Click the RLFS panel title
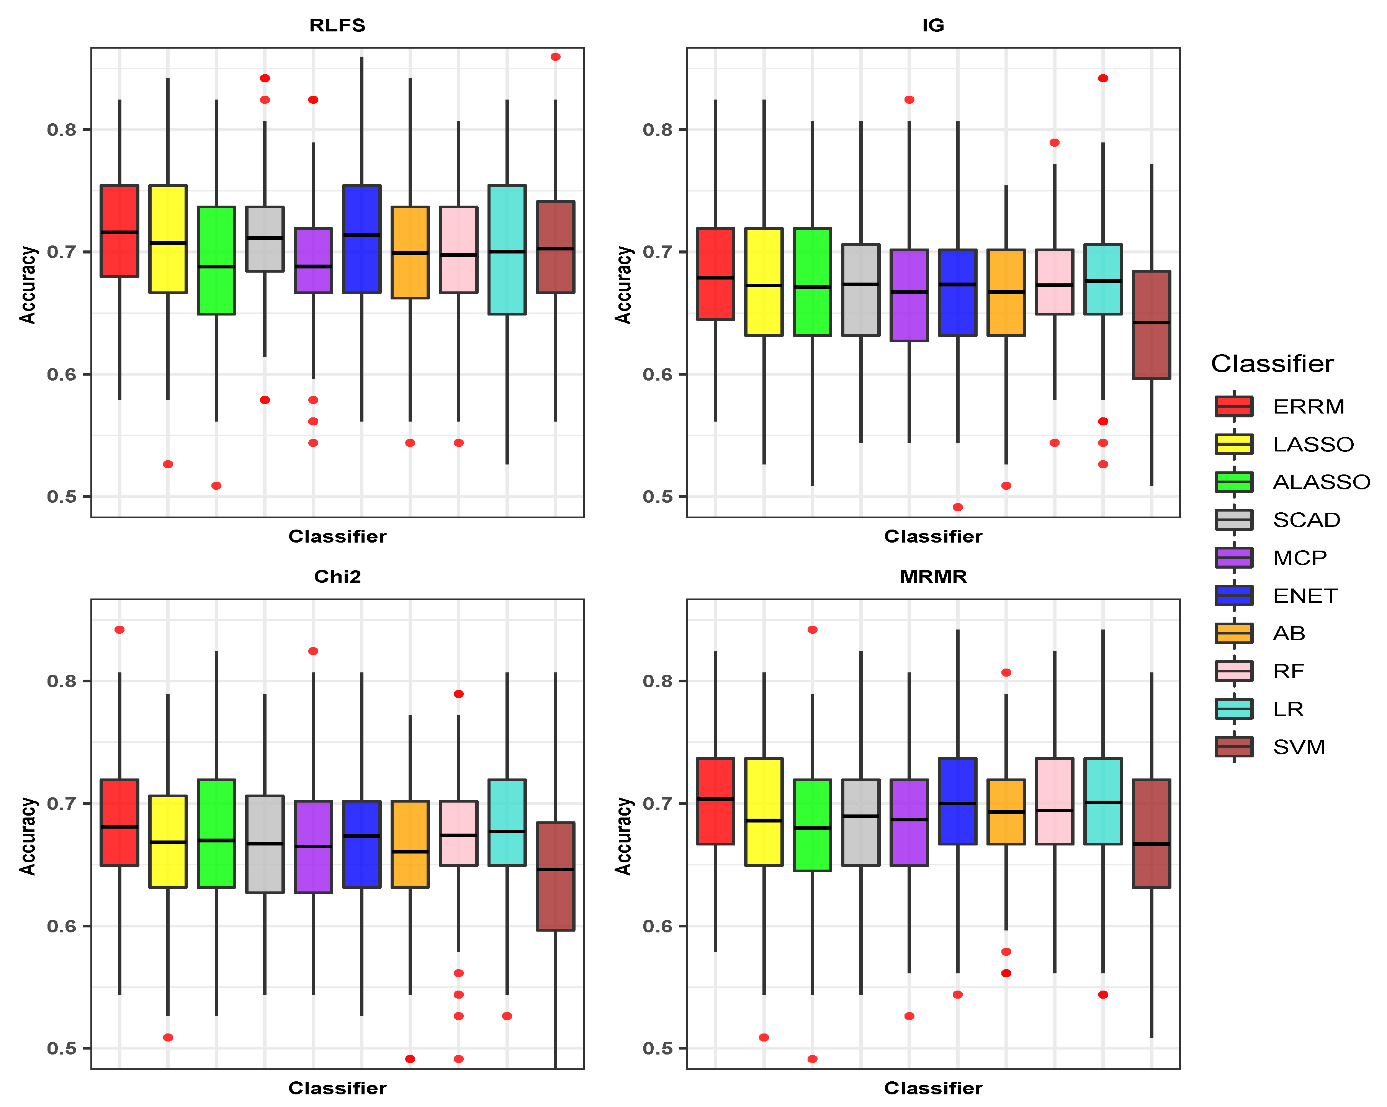point(337,25)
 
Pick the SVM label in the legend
point(1298,747)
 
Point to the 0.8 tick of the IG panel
point(656,129)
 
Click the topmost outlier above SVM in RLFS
point(556,57)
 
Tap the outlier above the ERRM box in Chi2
point(119,630)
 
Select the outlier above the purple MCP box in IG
point(909,100)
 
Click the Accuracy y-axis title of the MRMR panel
point(623,836)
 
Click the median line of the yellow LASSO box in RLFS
point(168,242)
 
